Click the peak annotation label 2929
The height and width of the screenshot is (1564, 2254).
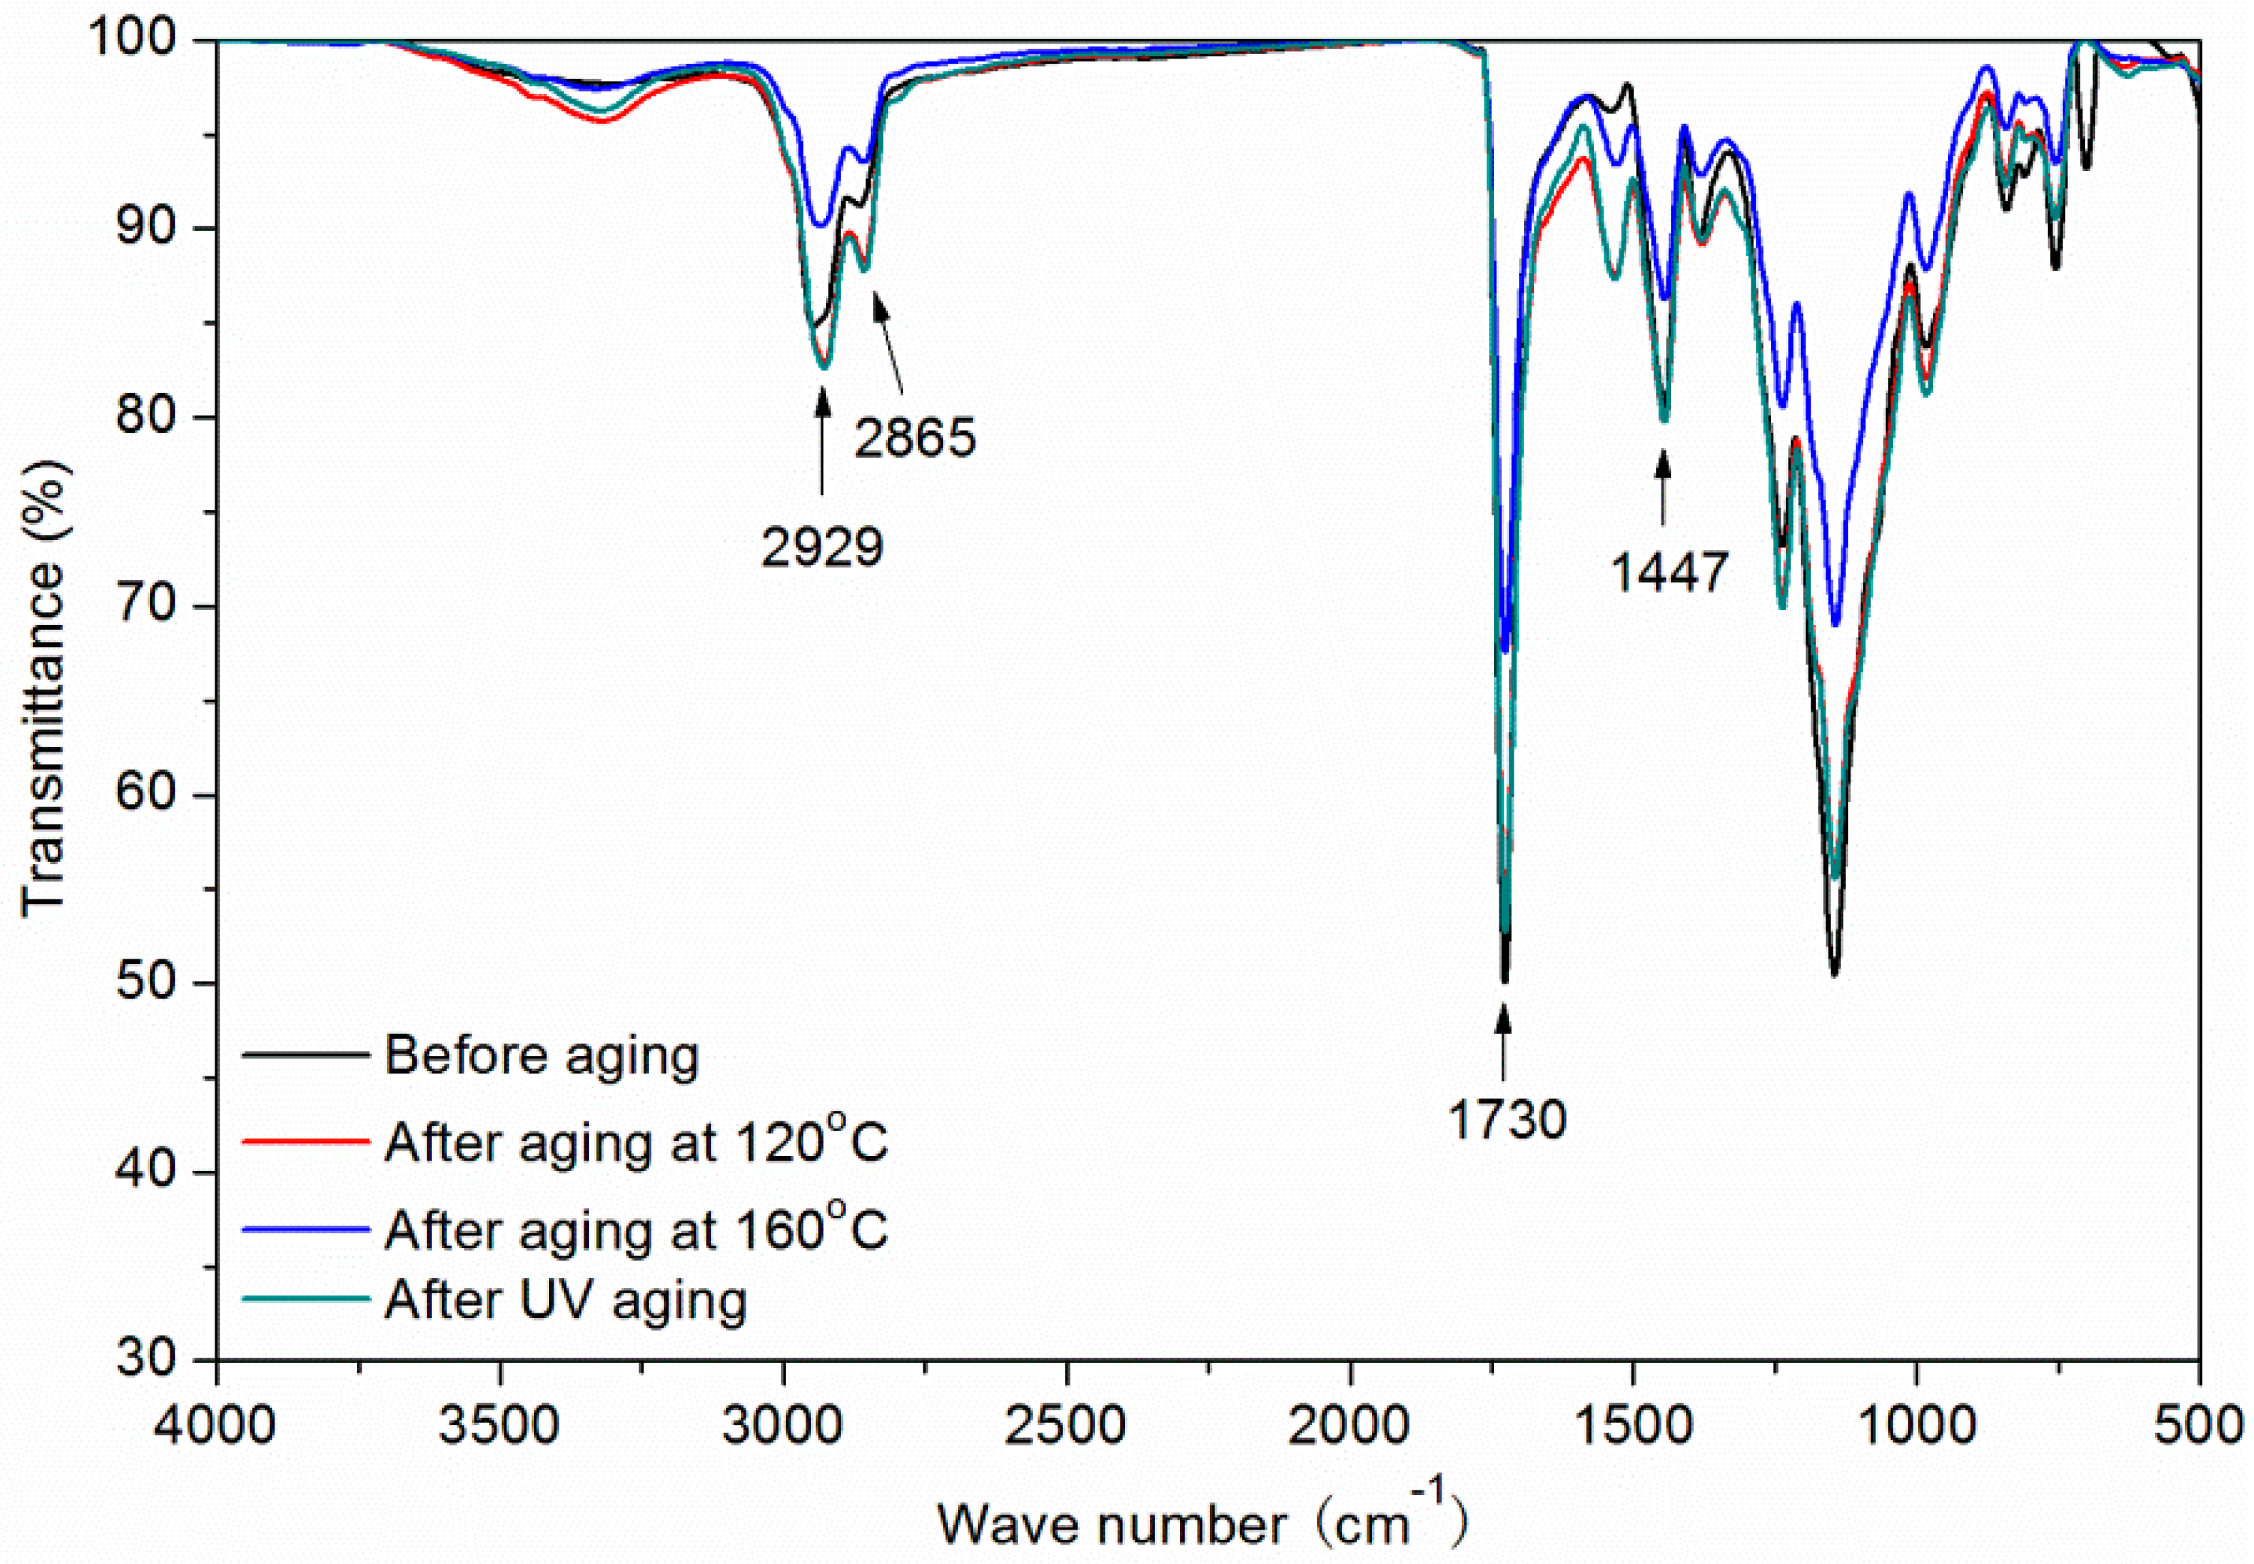821,547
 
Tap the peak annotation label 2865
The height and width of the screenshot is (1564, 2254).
914,437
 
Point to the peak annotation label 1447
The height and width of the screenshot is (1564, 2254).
1669,572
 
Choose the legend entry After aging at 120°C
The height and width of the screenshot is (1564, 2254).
635,1141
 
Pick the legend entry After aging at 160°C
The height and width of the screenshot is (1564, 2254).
635,1229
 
